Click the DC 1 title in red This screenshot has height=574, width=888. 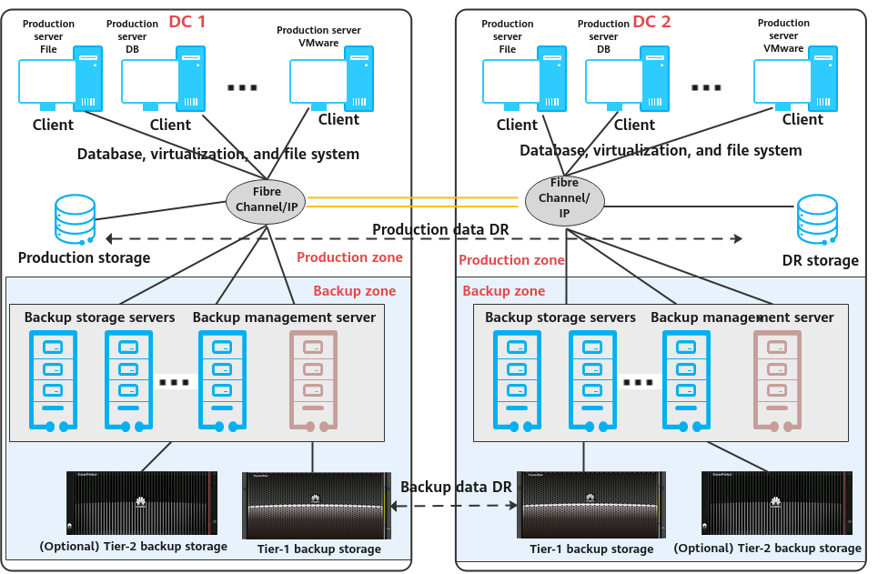coord(187,21)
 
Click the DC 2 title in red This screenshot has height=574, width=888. coord(651,21)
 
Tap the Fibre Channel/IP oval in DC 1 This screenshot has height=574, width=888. coord(267,200)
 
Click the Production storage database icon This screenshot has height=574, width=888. coord(75,220)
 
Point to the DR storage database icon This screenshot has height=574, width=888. coord(817,220)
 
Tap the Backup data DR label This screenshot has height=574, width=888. coord(456,487)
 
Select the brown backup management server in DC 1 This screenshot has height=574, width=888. coord(313,379)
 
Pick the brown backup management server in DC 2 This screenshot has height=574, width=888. coord(777,379)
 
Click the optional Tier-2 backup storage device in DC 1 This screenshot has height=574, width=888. coord(142,503)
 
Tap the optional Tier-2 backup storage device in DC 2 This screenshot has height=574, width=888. coord(776,503)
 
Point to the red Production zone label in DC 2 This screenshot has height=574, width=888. coord(511,260)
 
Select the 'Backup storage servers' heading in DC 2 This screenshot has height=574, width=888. coord(560,317)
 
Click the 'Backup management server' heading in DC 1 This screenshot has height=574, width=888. coord(284,317)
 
